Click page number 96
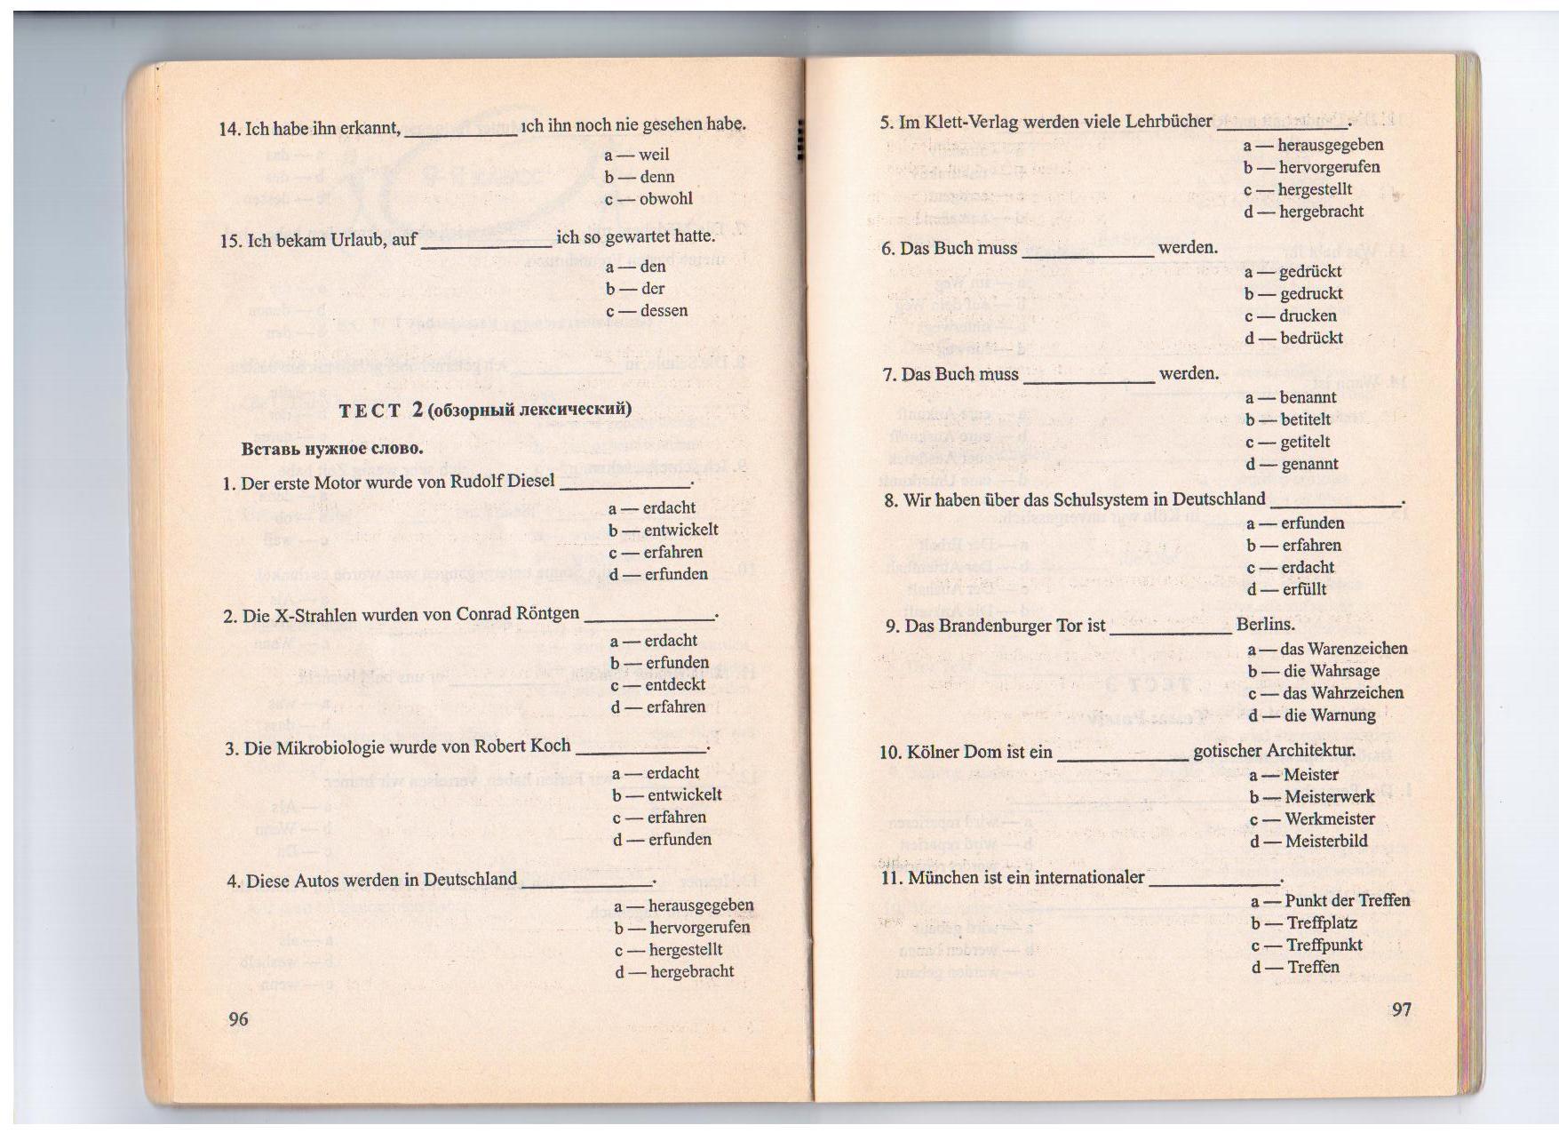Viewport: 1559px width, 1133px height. click(x=239, y=1018)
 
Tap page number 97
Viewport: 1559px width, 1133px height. click(x=1402, y=1009)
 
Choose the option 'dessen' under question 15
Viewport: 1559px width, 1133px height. click(x=664, y=311)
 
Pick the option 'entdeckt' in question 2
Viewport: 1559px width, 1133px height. click(x=675, y=685)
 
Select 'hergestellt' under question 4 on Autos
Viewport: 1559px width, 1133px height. click(x=685, y=950)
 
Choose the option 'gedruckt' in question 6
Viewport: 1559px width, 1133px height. click(x=1310, y=294)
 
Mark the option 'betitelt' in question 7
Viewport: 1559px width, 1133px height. click(x=1305, y=419)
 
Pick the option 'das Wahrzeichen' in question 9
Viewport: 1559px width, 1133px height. click(x=1343, y=693)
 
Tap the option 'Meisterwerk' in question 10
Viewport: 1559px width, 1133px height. click(x=1329, y=797)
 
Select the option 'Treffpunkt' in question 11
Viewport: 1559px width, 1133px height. click(x=1324, y=945)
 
